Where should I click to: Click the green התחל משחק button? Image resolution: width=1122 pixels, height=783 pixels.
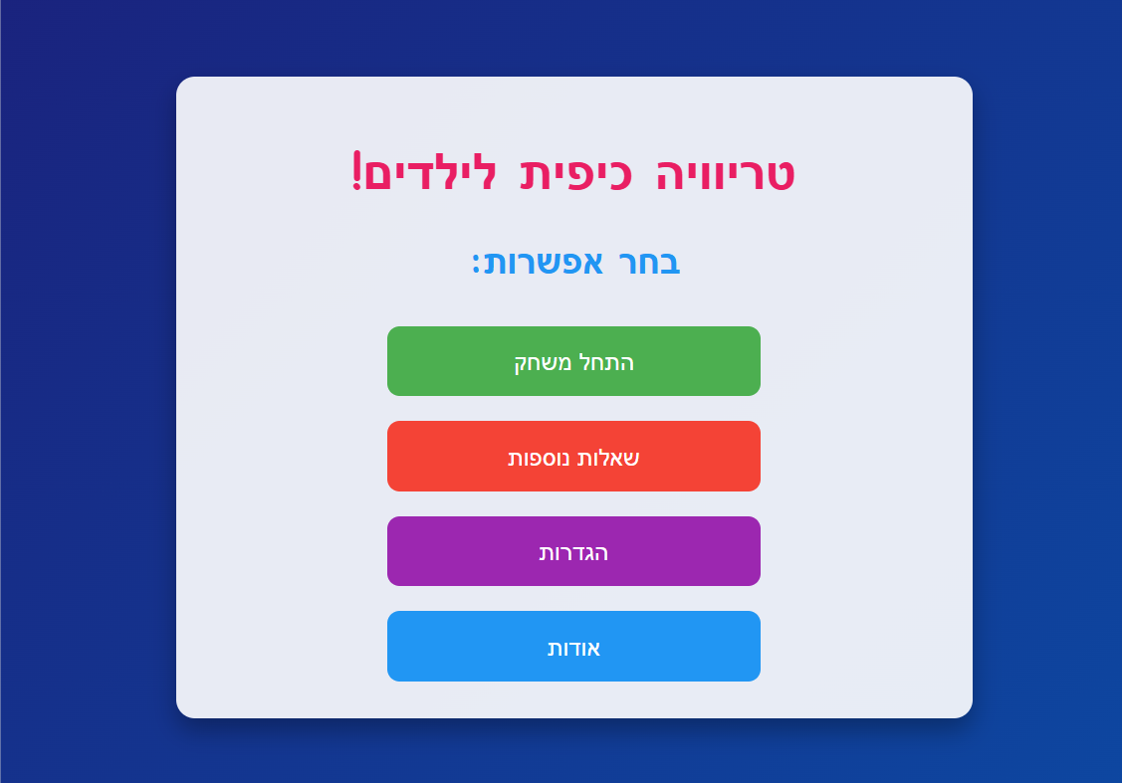tap(573, 361)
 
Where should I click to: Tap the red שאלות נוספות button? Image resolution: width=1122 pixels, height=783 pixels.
tap(573, 457)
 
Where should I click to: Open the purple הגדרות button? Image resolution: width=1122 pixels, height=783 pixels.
tap(573, 551)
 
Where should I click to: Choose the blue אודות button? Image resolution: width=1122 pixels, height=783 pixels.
tap(573, 647)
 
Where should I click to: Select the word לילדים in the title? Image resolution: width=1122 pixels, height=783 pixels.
tap(434, 174)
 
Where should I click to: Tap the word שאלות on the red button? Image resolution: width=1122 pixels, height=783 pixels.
tap(609, 458)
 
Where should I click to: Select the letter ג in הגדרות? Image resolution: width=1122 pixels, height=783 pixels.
tap(585, 553)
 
